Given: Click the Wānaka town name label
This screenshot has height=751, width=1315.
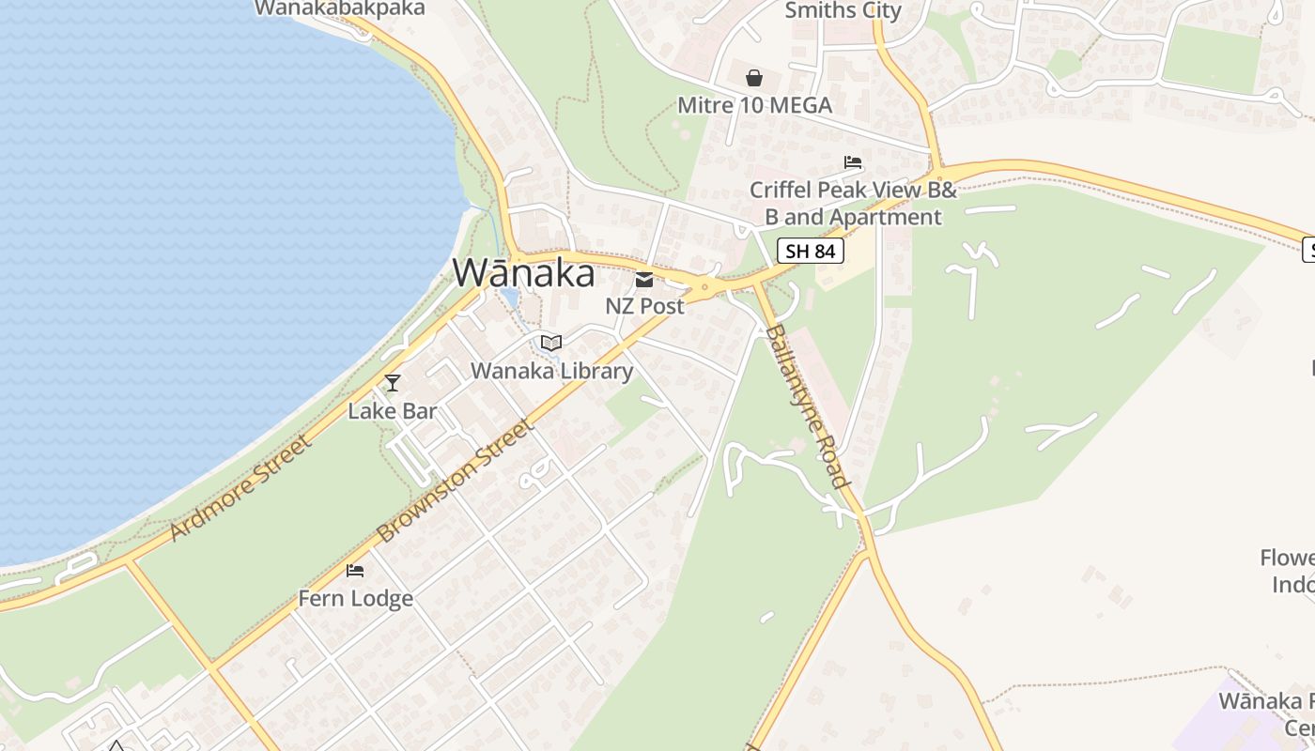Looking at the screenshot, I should pyautogui.click(x=523, y=273).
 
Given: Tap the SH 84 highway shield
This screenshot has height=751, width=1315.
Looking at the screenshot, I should pyautogui.click(x=811, y=251).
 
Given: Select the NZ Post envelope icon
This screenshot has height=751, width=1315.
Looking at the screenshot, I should pyautogui.click(x=644, y=279).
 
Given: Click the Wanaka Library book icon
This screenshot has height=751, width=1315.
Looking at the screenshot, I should pyautogui.click(x=551, y=343).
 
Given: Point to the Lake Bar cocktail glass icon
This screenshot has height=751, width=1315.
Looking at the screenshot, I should pyautogui.click(x=393, y=382).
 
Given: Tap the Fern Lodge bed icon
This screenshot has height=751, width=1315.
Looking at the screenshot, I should pyautogui.click(x=355, y=570).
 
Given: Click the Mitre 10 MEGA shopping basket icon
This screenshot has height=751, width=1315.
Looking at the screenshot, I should pyautogui.click(x=754, y=78).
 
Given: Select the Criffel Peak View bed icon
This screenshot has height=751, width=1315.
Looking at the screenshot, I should pyautogui.click(x=853, y=162).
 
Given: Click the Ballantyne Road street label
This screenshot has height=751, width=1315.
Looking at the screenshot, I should pyautogui.click(x=807, y=406).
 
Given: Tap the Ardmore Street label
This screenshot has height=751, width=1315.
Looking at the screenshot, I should pyautogui.click(x=240, y=488).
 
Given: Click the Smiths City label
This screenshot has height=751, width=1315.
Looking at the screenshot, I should pyautogui.click(x=843, y=11).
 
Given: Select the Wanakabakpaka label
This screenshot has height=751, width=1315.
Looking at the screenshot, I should pyautogui.click(x=339, y=8).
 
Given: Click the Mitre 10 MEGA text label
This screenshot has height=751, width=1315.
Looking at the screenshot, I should pyautogui.click(x=754, y=105).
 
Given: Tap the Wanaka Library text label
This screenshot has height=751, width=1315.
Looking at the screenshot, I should pyautogui.click(x=551, y=371).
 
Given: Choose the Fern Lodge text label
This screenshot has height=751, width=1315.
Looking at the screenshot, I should pyautogui.click(x=355, y=598).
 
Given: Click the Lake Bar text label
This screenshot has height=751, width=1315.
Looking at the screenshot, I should pyautogui.click(x=393, y=410).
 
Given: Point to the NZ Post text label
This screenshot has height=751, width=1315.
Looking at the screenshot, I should pyautogui.click(x=644, y=306).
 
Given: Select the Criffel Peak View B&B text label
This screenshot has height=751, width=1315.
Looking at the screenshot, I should pyautogui.click(x=853, y=203).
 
